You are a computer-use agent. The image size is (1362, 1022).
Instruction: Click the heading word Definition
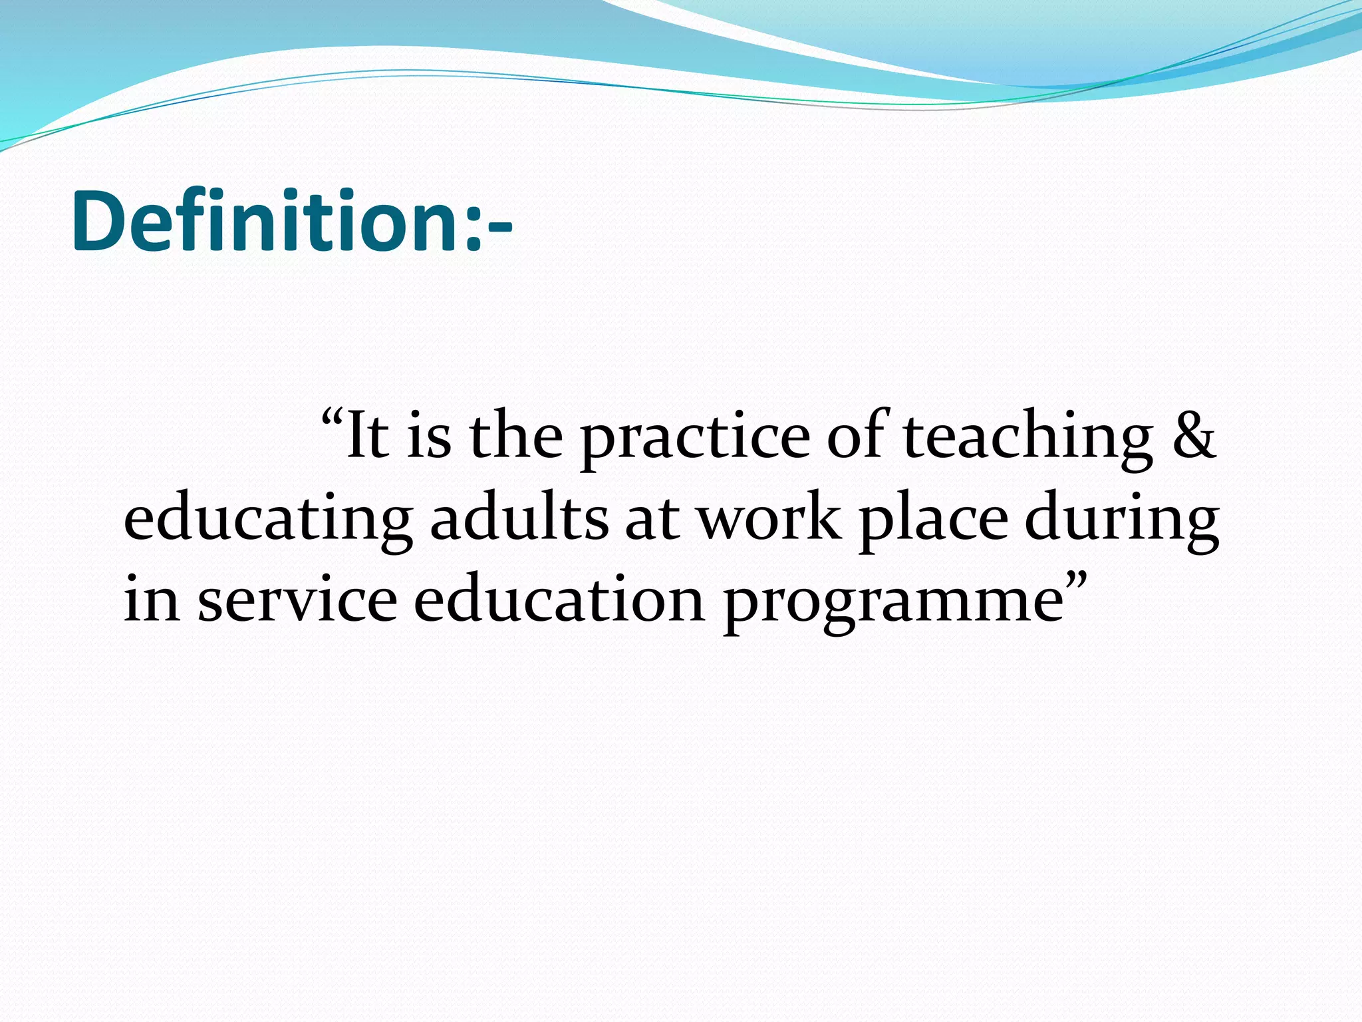[266, 221]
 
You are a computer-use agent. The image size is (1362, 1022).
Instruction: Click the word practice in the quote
[696, 439]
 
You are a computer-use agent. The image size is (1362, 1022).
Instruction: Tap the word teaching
[1028, 439]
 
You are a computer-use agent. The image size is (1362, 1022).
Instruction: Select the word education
[559, 599]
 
